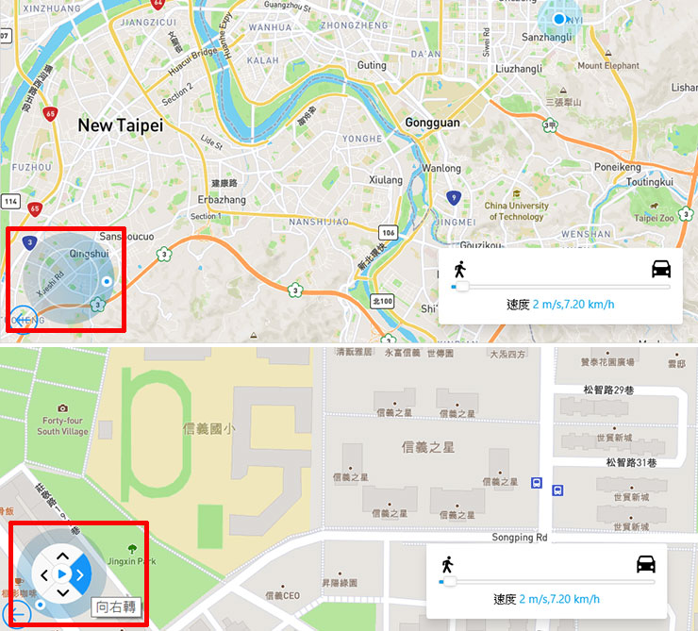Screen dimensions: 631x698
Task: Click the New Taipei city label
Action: pos(120,125)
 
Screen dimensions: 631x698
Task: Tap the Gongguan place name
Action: pos(432,123)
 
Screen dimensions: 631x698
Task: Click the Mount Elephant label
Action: pos(608,66)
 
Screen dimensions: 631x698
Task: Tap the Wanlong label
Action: pos(441,169)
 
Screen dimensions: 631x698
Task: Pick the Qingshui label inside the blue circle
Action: pos(89,254)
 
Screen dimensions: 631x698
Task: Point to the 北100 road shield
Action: pos(382,301)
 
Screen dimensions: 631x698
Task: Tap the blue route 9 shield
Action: pos(454,198)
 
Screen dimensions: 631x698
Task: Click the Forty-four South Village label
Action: pos(62,425)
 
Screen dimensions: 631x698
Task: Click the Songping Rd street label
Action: pos(520,538)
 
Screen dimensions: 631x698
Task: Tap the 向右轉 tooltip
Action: pos(116,608)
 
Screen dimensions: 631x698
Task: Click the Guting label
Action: pos(372,65)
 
